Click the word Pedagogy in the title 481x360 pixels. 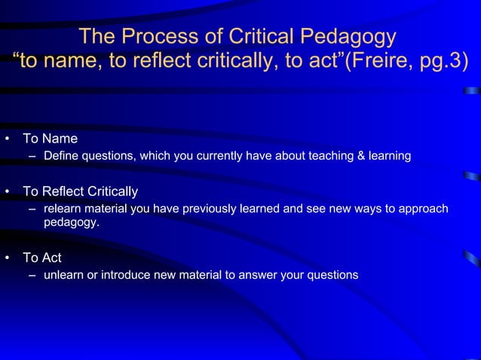346,36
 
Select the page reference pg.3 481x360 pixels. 437,60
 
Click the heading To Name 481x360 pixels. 50,139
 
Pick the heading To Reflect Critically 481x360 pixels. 80,191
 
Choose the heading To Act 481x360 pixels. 42,258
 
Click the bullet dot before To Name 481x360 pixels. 7,139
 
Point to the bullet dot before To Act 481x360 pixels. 7,258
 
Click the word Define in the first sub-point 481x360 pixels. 61,156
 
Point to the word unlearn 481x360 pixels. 64,275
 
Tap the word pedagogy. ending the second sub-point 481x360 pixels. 71,223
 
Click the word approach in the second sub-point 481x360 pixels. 424,209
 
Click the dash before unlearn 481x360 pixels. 33,275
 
